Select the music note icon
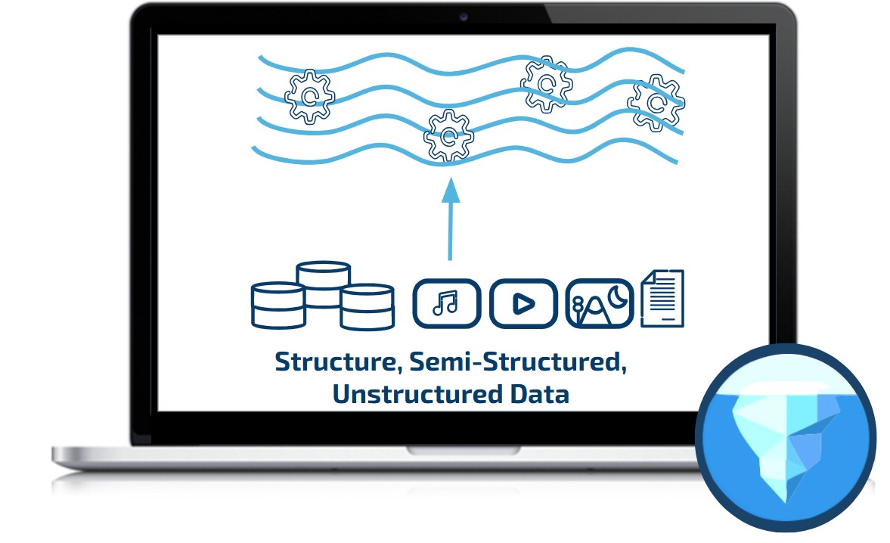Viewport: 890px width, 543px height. [x=446, y=303]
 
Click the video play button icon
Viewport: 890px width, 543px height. [x=523, y=303]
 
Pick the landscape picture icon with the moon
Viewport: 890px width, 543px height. [x=598, y=303]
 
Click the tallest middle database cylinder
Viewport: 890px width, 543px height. [x=323, y=284]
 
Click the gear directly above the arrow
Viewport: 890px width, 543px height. [x=448, y=136]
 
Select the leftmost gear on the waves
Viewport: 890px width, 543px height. [x=309, y=96]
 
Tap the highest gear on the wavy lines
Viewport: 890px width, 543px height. [x=546, y=82]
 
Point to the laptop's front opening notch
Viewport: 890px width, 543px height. [x=464, y=450]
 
